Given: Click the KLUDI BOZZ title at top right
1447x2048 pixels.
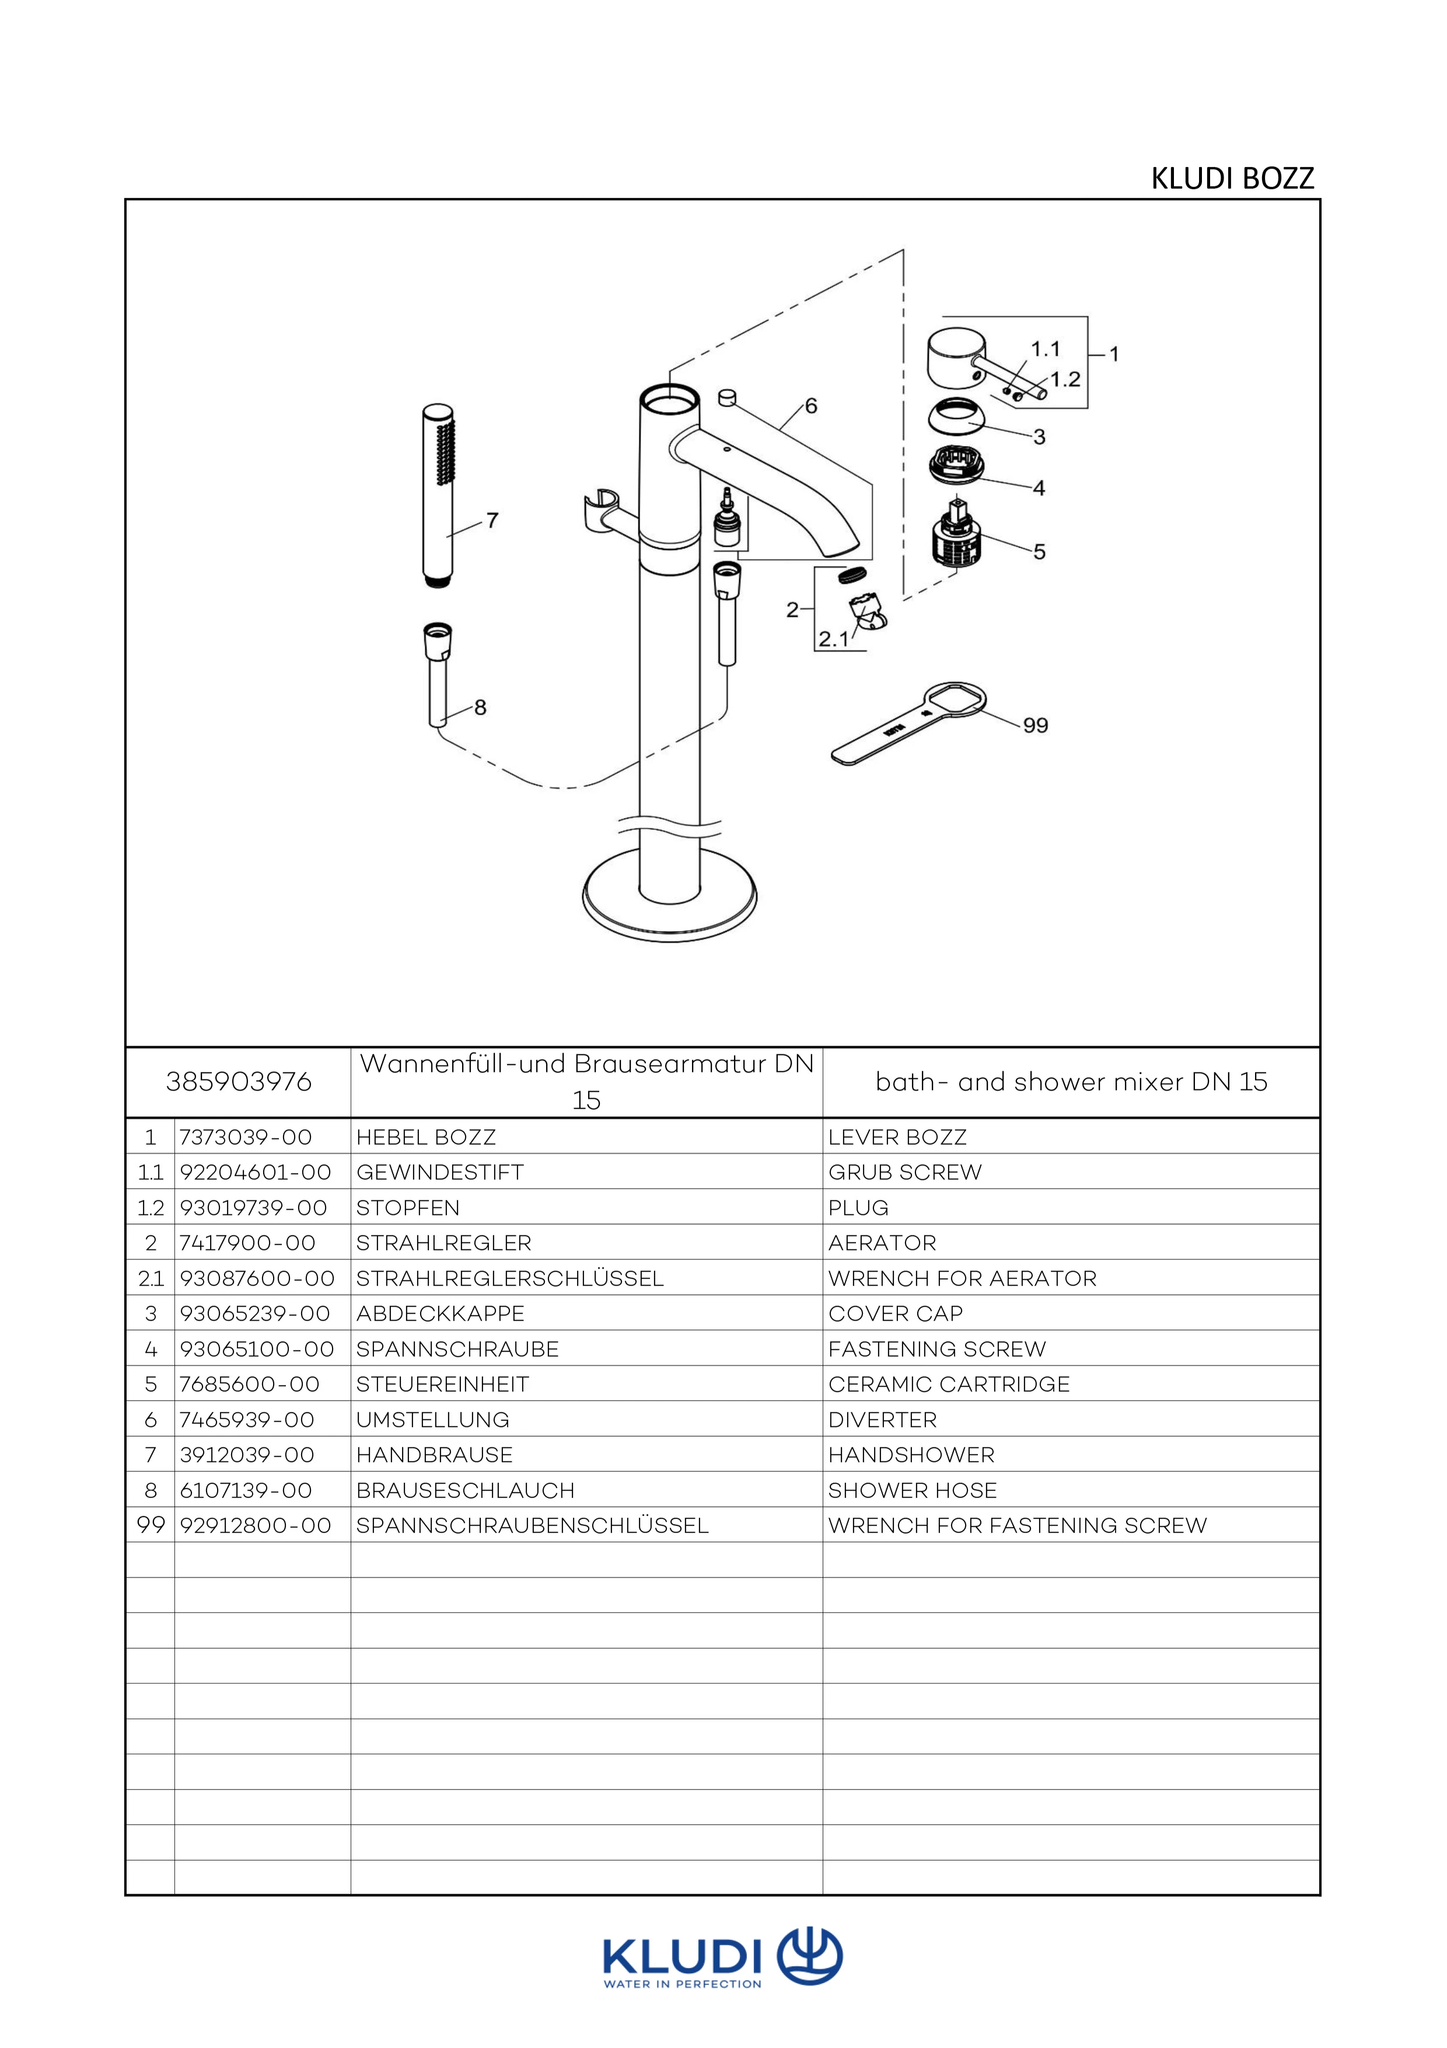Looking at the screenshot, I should pos(1232,179).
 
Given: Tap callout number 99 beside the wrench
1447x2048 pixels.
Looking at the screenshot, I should pos(1035,725).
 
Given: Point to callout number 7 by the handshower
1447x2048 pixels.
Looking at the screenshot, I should pos(492,520).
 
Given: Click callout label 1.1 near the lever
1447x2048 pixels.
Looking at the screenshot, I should pos(1045,349).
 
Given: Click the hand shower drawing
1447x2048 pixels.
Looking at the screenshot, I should pos(437,495).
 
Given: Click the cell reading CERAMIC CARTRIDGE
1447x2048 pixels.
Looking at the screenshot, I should pos(949,1384).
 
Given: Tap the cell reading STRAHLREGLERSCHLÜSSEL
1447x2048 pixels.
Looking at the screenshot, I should pos(509,1278).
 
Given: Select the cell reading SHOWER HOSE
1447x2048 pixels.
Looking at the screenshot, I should pos(912,1490).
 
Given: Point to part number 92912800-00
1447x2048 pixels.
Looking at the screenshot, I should pos(255,1526).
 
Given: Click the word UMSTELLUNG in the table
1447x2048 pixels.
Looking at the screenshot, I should pos(432,1420).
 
